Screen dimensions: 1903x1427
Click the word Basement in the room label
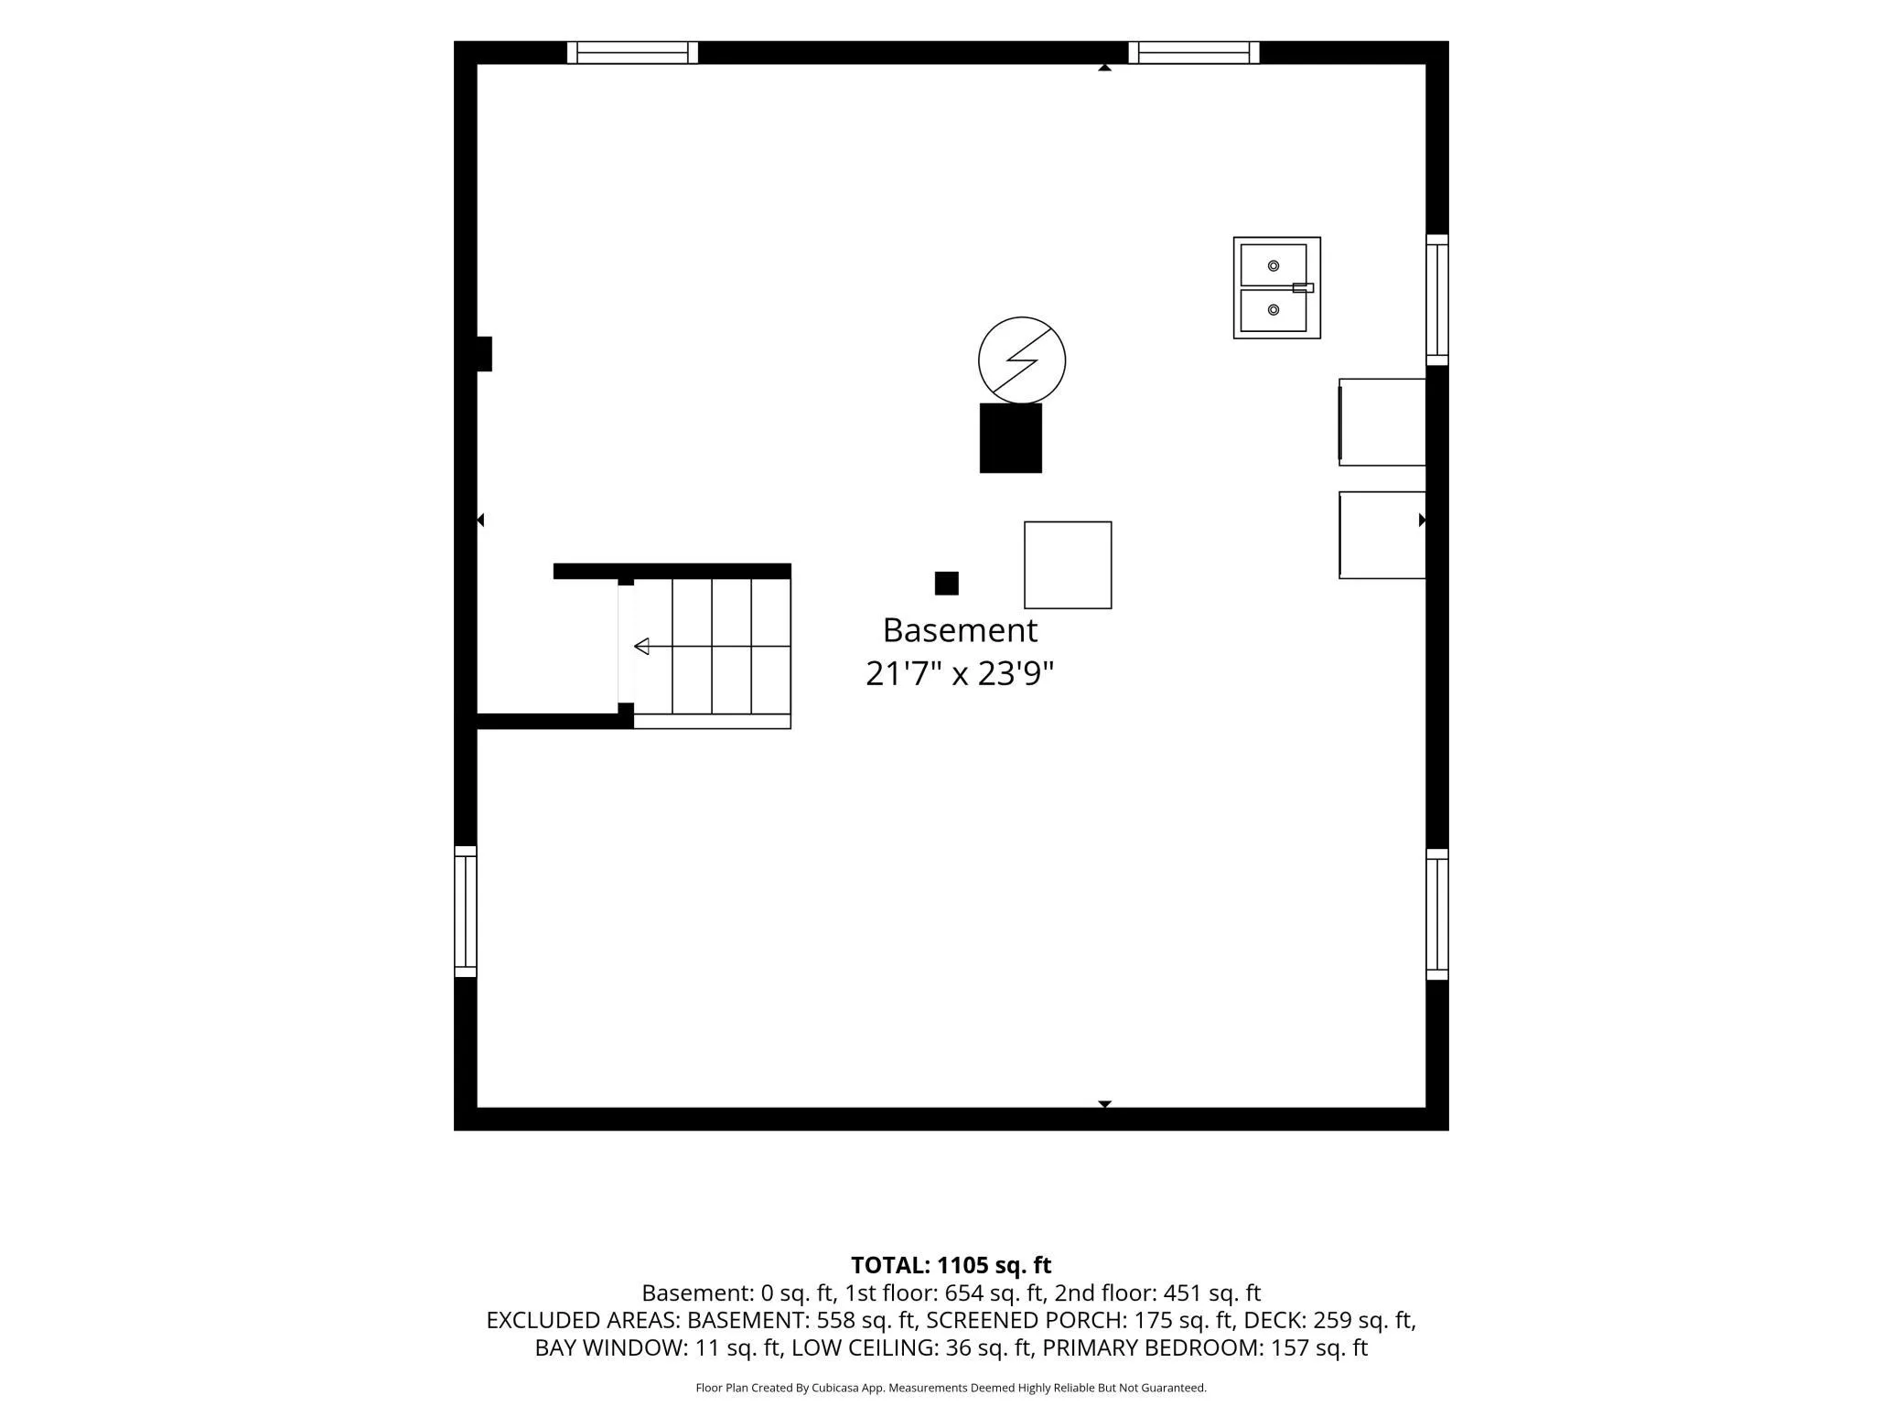[960, 630]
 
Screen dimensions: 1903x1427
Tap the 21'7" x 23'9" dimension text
[960, 674]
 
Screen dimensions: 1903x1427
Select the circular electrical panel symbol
[1022, 360]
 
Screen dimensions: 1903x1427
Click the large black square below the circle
[1011, 438]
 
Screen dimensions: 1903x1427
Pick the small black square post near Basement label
[947, 584]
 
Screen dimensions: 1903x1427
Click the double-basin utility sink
[1277, 288]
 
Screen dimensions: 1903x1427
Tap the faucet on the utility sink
[1303, 288]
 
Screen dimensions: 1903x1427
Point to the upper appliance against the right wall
[1382, 423]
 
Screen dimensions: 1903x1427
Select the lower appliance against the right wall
[1382, 535]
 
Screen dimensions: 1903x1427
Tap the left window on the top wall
[632, 53]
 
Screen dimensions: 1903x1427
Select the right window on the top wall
[1194, 53]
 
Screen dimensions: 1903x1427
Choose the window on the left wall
[466, 912]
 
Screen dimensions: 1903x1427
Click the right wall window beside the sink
[1437, 300]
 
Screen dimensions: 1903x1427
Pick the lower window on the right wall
[1437, 915]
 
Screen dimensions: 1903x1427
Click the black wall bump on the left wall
[484, 354]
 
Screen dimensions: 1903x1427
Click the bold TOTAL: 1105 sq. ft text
[951, 1265]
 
